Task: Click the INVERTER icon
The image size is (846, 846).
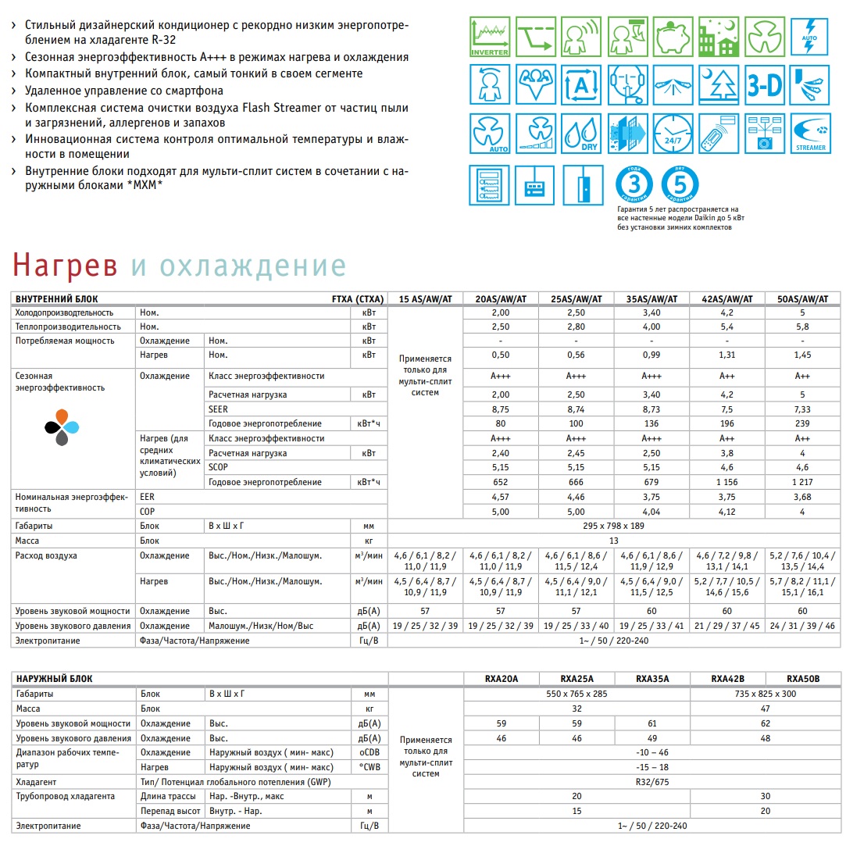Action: click(489, 37)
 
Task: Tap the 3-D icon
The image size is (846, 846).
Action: click(764, 84)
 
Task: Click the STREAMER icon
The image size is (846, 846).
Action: click(809, 133)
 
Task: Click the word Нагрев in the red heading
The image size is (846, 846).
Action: click(65, 266)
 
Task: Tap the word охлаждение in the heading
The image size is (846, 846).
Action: click(238, 266)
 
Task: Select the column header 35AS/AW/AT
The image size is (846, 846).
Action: click(652, 298)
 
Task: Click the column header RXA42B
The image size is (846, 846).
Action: click(727, 678)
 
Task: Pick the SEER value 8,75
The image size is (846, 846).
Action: click(501, 409)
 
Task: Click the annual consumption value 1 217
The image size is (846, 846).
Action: click(802, 482)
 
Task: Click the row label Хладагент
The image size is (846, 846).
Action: click(37, 780)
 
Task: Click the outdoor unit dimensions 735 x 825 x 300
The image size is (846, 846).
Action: click(766, 693)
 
